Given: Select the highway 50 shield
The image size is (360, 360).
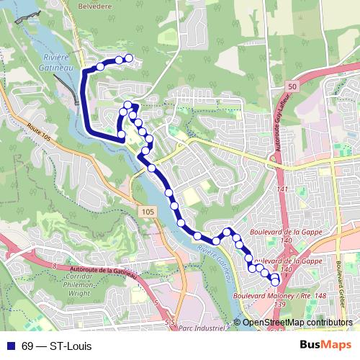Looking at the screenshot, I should click(291, 86).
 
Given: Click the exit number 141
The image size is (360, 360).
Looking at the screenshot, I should click(282, 189).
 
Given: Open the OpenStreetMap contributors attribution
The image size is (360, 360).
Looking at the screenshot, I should click(297, 323).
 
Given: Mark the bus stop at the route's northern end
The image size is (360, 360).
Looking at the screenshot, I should click(130, 58).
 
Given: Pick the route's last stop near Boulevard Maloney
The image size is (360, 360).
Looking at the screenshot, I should click(275, 282).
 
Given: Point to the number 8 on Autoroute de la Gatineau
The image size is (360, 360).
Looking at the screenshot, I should click(53, 267).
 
